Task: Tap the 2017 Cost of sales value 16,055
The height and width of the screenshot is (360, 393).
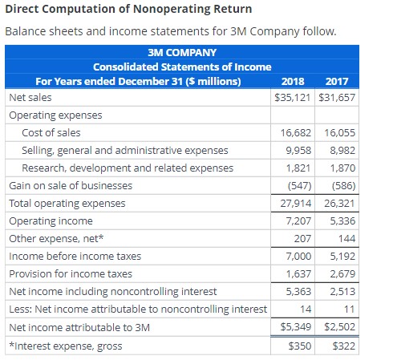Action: [x=340, y=132]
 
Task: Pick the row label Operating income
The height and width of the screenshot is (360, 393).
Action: [x=51, y=220]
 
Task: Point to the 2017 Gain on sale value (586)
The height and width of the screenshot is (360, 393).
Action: [x=343, y=185]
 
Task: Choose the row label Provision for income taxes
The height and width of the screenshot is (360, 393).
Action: [x=71, y=273]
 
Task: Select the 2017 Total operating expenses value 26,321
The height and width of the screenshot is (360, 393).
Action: [x=340, y=203]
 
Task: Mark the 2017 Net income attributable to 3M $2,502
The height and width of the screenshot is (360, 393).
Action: [x=340, y=326]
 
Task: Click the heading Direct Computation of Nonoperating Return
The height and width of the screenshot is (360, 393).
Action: [x=128, y=10]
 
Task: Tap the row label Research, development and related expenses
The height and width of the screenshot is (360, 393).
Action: [x=128, y=168]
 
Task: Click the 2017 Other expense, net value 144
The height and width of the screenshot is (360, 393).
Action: [x=346, y=238]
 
